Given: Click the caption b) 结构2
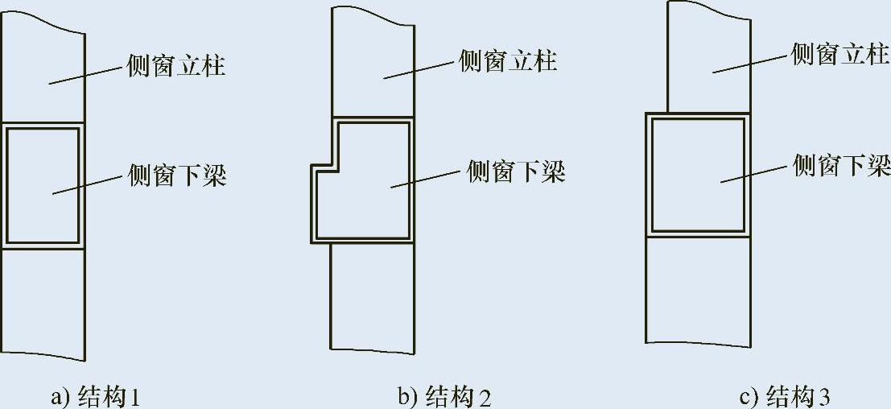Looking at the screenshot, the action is click(444, 397).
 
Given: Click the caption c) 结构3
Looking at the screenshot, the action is click(785, 397).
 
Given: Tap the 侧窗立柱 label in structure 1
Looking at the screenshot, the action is click(176, 65).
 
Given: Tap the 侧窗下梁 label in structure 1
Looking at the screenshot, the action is click(176, 175).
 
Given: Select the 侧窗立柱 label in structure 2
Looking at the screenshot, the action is click(507, 60).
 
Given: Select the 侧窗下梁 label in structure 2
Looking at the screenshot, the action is click(516, 171).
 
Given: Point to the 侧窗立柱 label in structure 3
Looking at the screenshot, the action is click(840, 55).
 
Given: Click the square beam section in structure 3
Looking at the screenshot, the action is click(697, 173).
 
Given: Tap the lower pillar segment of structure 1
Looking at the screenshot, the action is click(43, 302).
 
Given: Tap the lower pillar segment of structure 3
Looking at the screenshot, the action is click(697, 290).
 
